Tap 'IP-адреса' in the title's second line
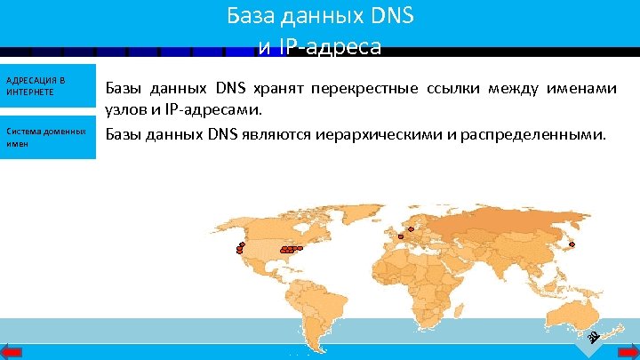pos(328,46)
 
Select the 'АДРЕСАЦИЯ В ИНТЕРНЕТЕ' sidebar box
pos(47,86)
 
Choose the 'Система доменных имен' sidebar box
pos(47,137)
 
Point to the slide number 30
pos(594,335)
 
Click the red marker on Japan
pos(572,244)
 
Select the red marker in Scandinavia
pos(412,229)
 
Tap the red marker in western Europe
pos(401,236)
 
